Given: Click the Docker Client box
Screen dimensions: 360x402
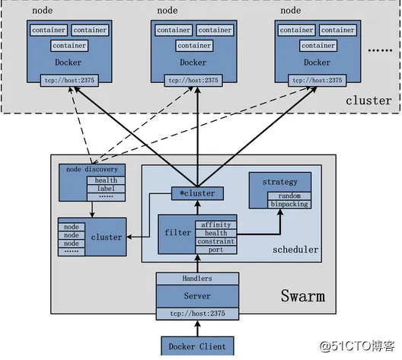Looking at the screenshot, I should [x=197, y=346].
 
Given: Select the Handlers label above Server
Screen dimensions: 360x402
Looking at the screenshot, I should [x=197, y=279].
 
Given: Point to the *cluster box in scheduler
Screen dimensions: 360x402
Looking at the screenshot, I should [x=196, y=193].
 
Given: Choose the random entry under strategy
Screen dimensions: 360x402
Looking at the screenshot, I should [x=288, y=195].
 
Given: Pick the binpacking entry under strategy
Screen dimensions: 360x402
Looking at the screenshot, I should [x=289, y=203].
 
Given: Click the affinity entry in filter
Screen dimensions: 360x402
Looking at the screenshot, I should [x=216, y=224].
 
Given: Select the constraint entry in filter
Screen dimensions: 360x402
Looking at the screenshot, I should [x=216, y=241].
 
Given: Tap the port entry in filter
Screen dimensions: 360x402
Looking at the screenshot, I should [x=216, y=249].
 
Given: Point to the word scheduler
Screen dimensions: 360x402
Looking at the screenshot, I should [x=295, y=249].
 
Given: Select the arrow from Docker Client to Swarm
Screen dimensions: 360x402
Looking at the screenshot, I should [x=197, y=327].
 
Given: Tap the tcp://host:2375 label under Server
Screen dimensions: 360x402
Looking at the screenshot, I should [x=197, y=312].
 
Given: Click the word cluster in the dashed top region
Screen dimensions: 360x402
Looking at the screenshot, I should [x=368, y=100].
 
